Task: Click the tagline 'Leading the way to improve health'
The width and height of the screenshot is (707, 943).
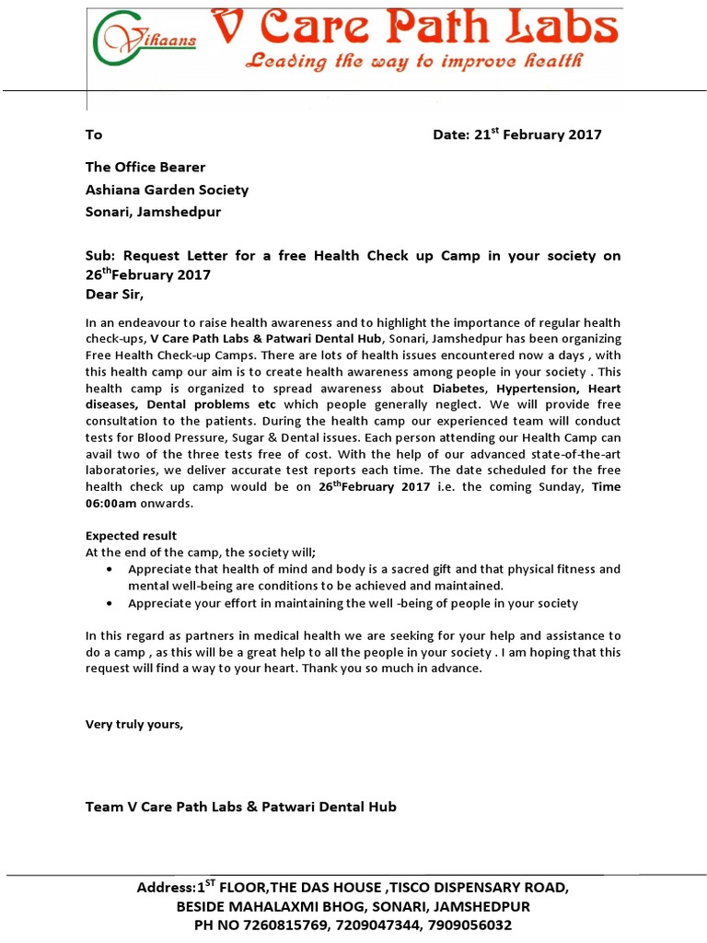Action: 411,63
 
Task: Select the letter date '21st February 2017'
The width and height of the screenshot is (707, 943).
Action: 538,134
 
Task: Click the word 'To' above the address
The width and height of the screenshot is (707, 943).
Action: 94,134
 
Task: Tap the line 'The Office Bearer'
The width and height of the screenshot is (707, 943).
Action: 145,167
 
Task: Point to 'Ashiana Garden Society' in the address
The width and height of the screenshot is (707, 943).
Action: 167,190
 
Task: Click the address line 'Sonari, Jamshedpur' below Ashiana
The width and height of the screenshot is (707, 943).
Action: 153,212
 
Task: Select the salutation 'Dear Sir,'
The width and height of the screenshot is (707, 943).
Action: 115,295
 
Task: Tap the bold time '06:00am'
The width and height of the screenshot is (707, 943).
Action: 112,504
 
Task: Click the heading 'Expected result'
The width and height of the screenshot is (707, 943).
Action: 131,535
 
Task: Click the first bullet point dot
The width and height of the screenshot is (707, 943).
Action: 110,569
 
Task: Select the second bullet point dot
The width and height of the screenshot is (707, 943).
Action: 110,603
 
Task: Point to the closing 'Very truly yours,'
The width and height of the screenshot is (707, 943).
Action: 134,724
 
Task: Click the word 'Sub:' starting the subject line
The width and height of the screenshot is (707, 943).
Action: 100,256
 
